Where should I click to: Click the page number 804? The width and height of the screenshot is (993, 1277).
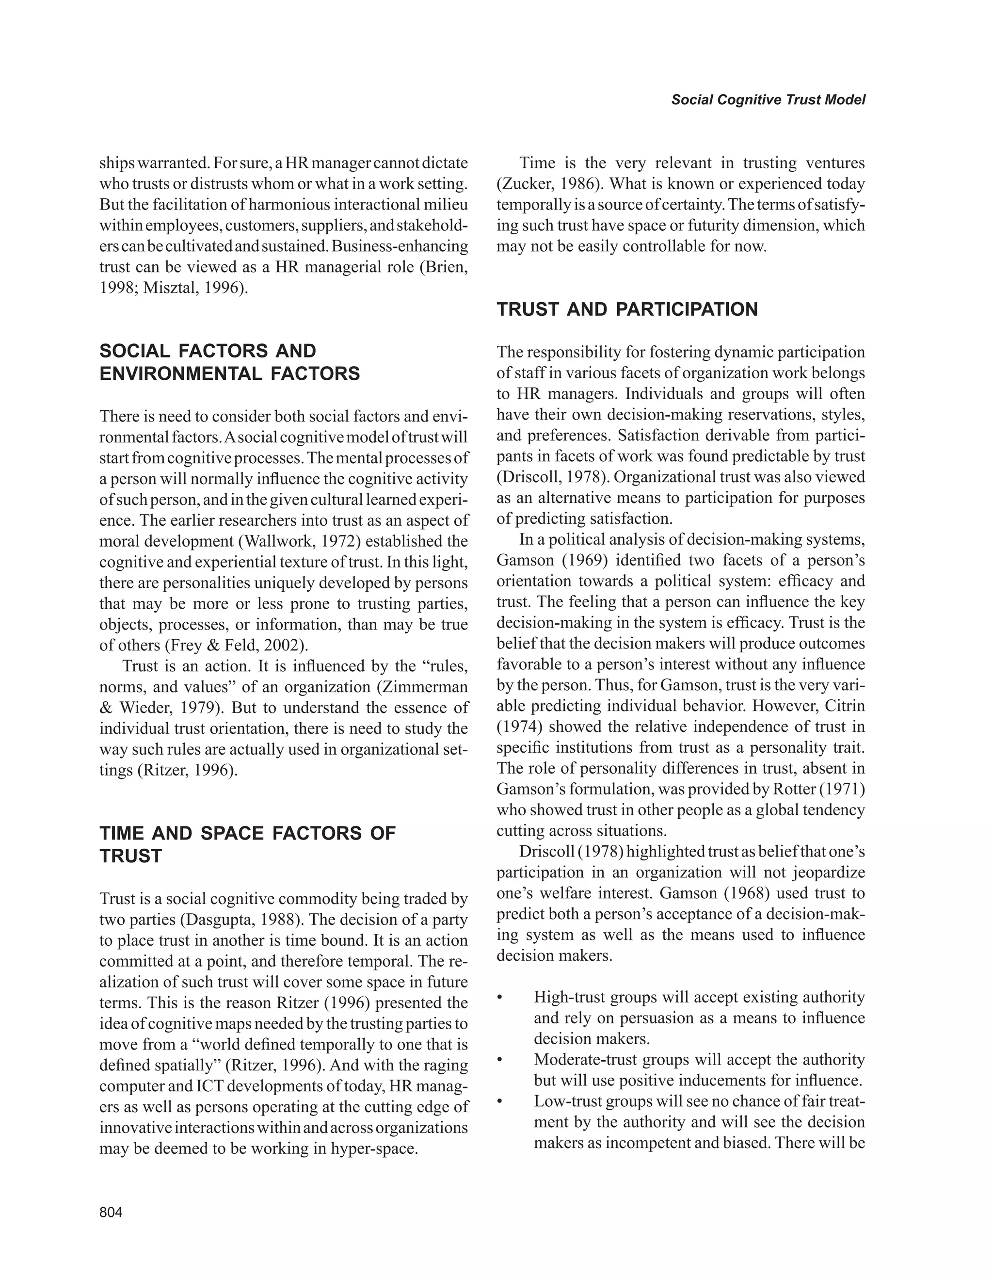click(x=111, y=1212)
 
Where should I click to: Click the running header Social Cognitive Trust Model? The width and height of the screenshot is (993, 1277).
click(x=768, y=99)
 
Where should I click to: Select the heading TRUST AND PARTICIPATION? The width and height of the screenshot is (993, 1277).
click(x=626, y=309)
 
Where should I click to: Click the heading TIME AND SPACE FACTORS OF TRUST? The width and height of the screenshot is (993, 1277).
click(x=247, y=844)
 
